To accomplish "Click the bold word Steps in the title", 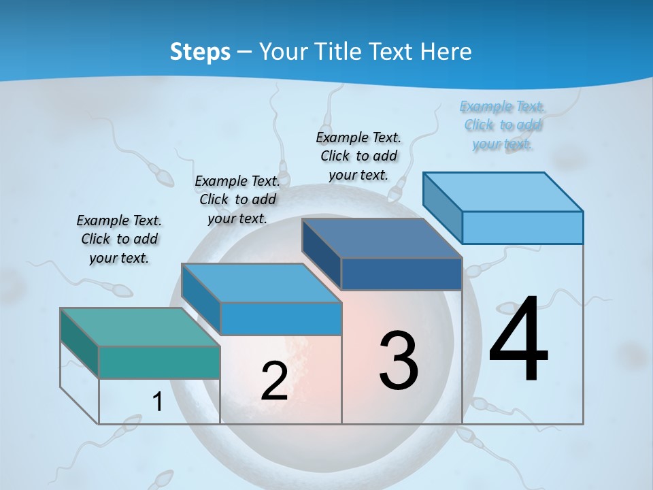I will [200, 52].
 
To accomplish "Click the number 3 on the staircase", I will [399, 361].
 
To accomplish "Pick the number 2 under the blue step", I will [274, 381].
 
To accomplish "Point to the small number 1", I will [157, 402].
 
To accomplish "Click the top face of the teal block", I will [140, 327].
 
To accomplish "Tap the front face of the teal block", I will [159, 362].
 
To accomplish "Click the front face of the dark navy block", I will [401, 274].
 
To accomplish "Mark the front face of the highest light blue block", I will [522, 227].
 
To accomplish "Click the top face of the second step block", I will [261, 282].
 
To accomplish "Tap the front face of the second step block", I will [280, 318].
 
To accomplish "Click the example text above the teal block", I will [119, 239].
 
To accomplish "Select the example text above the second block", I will [237, 199].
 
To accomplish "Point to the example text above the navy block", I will [358, 156].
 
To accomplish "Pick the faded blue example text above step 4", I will [503, 125].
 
